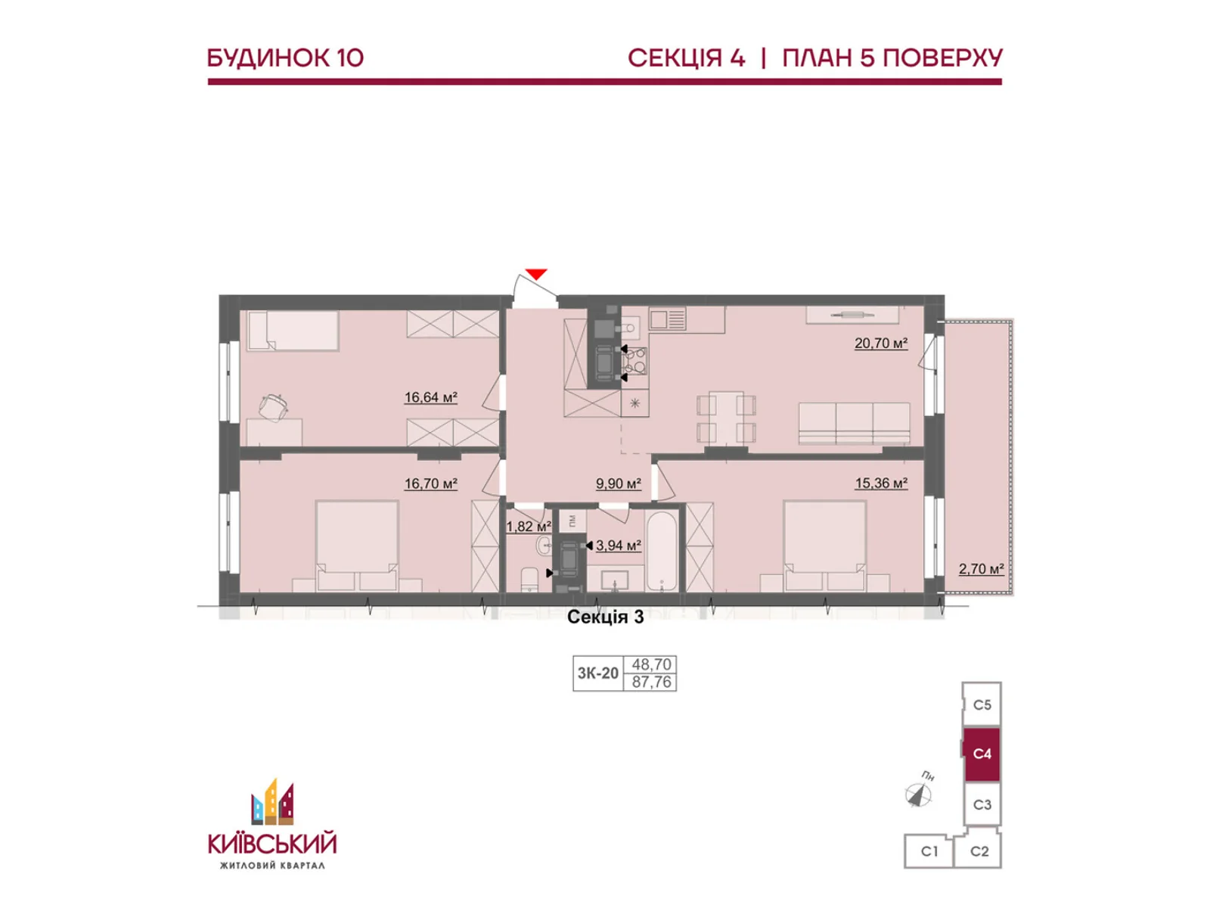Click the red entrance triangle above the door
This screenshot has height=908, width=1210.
click(x=536, y=274)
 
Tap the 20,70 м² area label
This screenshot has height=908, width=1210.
click(x=881, y=344)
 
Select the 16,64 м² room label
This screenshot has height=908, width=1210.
click(x=431, y=397)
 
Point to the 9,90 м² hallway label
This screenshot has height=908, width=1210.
click(x=619, y=484)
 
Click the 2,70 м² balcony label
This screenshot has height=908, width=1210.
click(x=981, y=568)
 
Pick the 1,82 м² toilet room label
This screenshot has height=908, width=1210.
click(x=529, y=527)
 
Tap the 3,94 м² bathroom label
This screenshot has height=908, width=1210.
click(x=619, y=546)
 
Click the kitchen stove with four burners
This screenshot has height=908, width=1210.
click(x=634, y=361)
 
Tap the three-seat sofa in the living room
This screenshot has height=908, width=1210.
click(x=854, y=423)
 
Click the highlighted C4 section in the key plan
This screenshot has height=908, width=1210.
click(x=982, y=754)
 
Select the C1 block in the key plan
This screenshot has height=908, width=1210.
click(x=929, y=851)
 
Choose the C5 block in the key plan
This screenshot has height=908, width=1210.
click(x=982, y=704)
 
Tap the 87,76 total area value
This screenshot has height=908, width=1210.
click(x=652, y=682)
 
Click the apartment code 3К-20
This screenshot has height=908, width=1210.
click(x=598, y=673)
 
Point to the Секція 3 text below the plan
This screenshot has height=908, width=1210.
click(x=605, y=617)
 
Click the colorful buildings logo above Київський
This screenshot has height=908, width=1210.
click(x=272, y=802)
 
